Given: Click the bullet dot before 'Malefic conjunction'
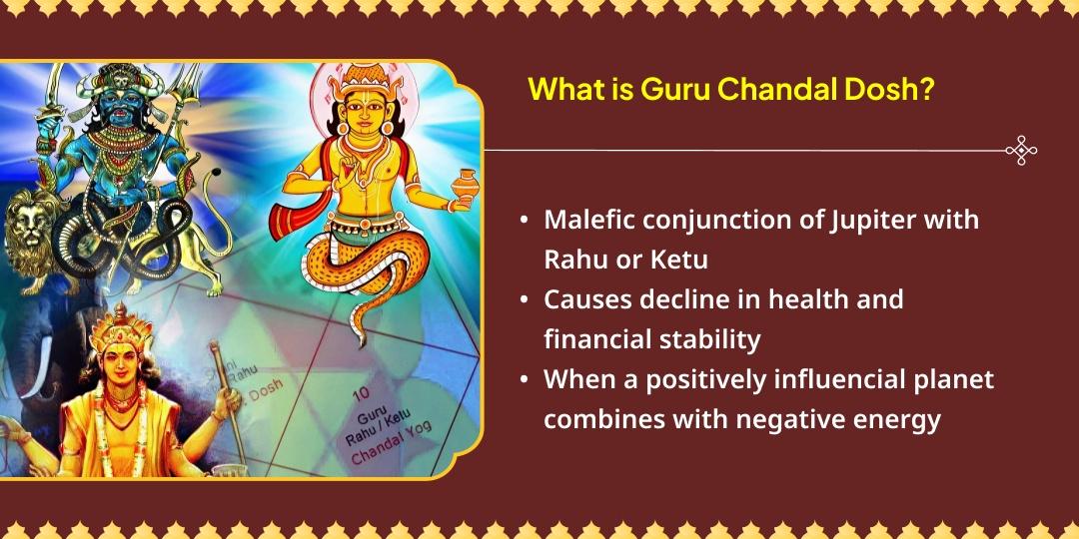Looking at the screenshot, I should point(525,221).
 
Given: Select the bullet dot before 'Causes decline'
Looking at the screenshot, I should point(525,299).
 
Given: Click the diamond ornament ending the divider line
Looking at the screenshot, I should point(1021,151).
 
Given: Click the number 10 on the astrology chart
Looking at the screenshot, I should point(362,393).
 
